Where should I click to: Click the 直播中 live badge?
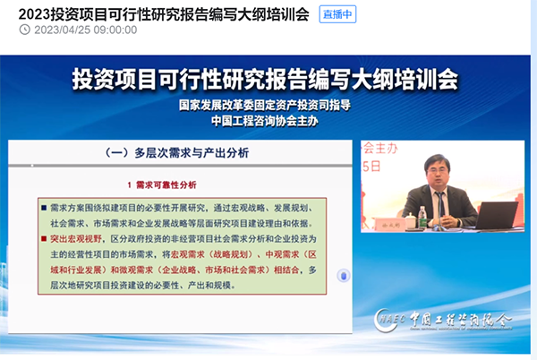(337, 13)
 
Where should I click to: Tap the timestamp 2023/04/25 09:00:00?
(86, 30)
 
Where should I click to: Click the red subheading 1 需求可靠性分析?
(159, 185)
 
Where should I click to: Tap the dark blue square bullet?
(42, 205)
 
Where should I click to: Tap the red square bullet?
(42, 239)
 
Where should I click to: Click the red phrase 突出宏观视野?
(75, 239)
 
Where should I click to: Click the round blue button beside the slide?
(343, 276)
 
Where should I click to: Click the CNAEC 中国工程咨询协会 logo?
(456, 318)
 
